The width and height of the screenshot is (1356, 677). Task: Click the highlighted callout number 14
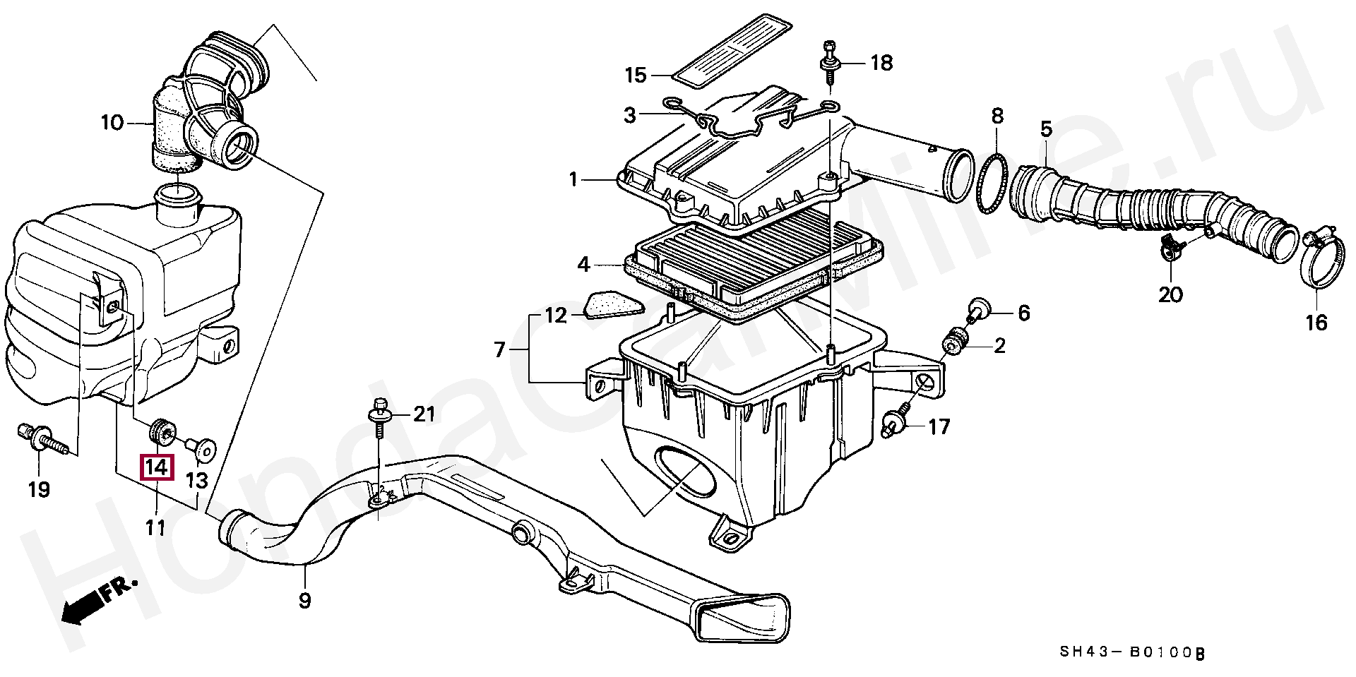click(x=157, y=467)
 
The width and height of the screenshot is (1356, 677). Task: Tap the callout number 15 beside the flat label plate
click(x=636, y=75)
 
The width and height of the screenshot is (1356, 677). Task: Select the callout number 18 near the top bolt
click(x=881, y=63)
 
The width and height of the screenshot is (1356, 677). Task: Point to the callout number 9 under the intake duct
click(x=304, y=601)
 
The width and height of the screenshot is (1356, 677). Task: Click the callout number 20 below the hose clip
click(x=1170, y=294)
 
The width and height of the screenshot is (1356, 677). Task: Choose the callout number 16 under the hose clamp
click(x=1316, y=323)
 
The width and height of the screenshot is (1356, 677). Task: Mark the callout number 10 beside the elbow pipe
click(x=112, y=123)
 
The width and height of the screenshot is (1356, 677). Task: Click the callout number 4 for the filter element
click(x=583, y=265)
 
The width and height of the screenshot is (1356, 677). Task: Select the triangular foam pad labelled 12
click(x=613, y=306)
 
